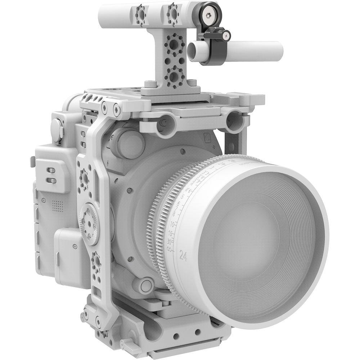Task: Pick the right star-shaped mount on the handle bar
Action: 173,11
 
